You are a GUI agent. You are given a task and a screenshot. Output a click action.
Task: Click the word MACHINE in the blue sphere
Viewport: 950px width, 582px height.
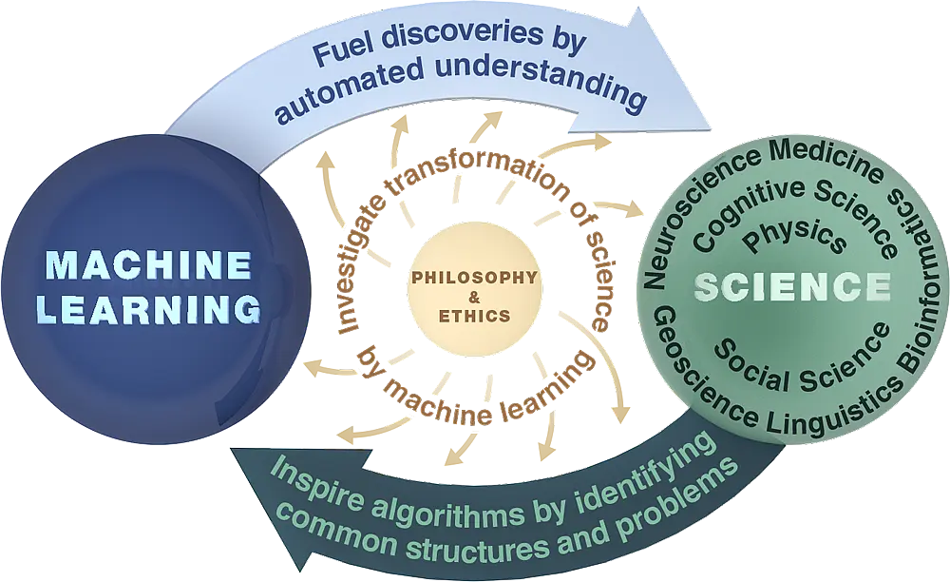[149, 265]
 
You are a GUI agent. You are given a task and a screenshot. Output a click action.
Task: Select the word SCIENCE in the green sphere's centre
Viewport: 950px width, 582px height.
[792, 287]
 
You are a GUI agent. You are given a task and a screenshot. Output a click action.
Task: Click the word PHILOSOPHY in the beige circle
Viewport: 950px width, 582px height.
[474, 278]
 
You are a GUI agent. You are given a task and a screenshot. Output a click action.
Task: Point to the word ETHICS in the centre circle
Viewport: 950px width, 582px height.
[474, 316]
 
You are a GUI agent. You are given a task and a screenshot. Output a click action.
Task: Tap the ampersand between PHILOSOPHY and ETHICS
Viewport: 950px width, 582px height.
[474, 297]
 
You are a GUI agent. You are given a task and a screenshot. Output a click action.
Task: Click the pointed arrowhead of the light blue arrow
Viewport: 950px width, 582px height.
[710, 128]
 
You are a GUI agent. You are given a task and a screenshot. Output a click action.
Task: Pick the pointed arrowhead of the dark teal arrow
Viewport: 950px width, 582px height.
[233, 449]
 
